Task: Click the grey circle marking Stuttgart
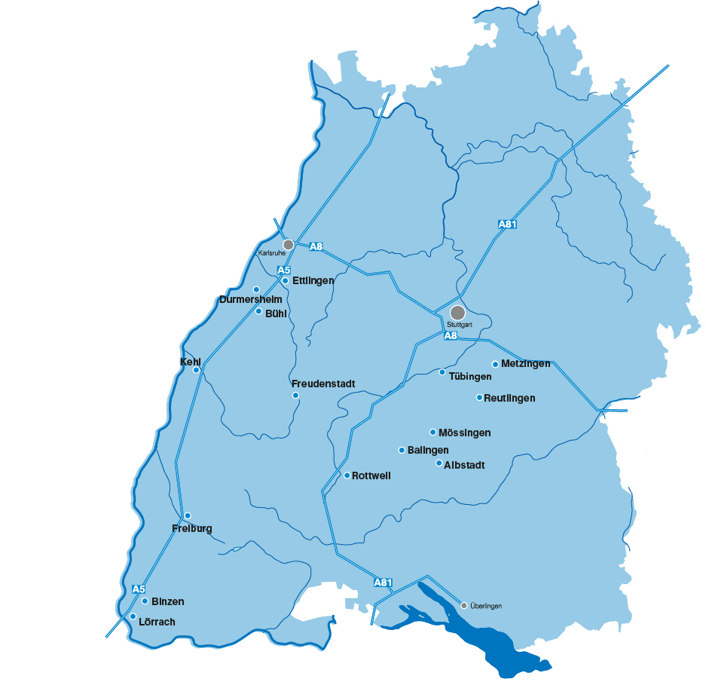click(x=457, y=312)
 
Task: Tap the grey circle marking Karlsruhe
click(x=288, y=245)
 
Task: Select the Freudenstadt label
click(x=322, y=384)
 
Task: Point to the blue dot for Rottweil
click(x=347, y=476)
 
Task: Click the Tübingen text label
click(x=470, y=376)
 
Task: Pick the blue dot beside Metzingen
click(x=495, y=364)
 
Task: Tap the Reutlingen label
click(x=509, y=398)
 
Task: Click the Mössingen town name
click(x=464, y=433)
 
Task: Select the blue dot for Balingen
click(x=402, y=450)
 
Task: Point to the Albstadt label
click(x=464, y=465)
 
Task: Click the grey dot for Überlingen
click(x=464, y=605)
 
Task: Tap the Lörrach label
click(x=157, y=622)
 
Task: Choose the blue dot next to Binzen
click(x=144, y=601)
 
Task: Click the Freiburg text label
click(x=191, y=528)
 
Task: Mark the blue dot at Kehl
click(x=196, y=370)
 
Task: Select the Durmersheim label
click(x=251, y=299)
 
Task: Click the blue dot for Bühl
click(x=258, y=311)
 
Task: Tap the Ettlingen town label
click(x=313, y=280)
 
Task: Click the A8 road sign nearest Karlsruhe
click(x=316, y=246)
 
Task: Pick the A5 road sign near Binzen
click(x=138, y=589)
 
